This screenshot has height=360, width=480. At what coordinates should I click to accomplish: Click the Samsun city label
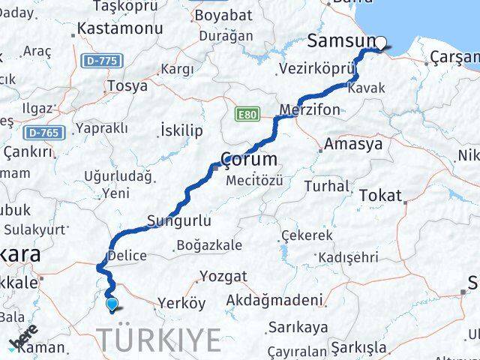coord(341,42)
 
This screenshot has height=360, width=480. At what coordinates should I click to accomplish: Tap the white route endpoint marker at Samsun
coord(380,43)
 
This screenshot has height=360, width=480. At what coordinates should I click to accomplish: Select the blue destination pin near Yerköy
coord(112,304)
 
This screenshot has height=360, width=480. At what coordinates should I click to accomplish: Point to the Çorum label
coord(250,160)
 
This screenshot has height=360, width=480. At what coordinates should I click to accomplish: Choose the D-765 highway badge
coord(44,133)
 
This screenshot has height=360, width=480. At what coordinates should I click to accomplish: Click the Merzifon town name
coord(309,109)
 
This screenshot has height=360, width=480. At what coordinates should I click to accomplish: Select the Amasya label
coord(354,144)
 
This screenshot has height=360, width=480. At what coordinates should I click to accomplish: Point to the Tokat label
coord(381,195)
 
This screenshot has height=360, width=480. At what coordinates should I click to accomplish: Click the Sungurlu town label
coord(178,221)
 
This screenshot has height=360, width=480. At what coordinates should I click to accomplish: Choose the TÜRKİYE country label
coord(160,340)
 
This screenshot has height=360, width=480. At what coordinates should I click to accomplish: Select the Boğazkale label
coord(209,245)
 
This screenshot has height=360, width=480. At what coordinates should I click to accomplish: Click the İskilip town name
coord(181,131)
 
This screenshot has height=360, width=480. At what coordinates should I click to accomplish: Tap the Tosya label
coord(127,86)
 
